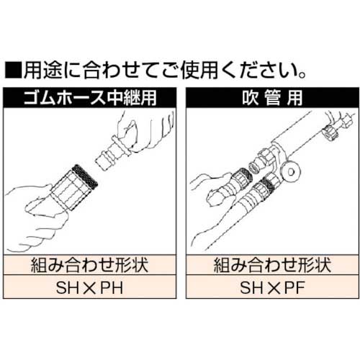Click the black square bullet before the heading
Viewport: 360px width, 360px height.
tap(13, 70)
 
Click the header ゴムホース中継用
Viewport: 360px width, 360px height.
tap(90, 98)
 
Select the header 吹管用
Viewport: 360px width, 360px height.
tap(272, 98)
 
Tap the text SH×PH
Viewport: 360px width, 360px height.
tap(89, 287)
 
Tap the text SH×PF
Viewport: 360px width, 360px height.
tap(272, 287)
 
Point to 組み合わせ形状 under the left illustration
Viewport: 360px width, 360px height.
tap(89, 265)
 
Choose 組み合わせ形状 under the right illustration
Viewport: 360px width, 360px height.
tap(272, 265)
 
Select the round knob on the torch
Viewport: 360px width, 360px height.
tap(291, 171)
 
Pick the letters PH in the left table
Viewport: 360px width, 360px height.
tap(112, 287)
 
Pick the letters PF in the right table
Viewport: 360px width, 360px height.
tap(294, 287)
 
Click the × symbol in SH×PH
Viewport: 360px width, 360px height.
tap(89, 288)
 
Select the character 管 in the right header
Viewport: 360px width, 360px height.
tap(273, 98)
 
